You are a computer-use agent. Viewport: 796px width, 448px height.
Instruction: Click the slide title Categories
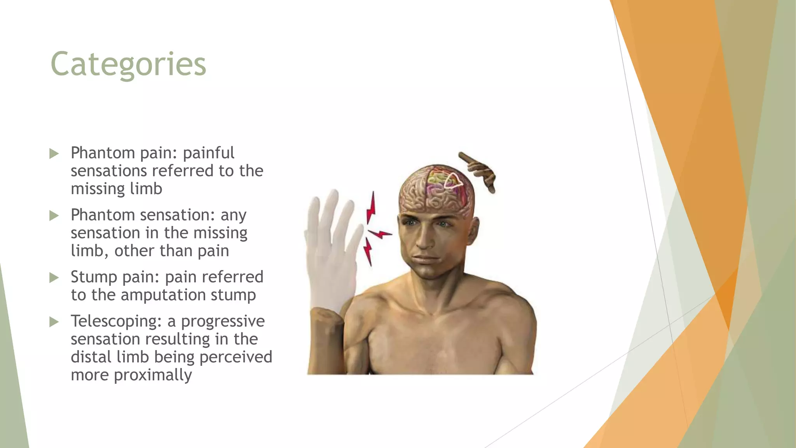point(128,64)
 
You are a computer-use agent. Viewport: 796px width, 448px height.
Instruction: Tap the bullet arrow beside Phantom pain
point(54,154)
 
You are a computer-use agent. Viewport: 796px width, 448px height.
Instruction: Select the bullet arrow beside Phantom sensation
point(54,215)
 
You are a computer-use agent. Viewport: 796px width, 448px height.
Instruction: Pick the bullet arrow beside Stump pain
point(54,278)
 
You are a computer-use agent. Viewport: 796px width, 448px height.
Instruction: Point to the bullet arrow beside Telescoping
point(54,322)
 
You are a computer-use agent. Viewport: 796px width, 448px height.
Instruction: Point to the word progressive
point(223,321)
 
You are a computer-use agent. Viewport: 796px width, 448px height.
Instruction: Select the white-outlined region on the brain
point(452,180)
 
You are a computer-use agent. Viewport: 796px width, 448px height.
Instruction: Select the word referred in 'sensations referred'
point(183,171)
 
